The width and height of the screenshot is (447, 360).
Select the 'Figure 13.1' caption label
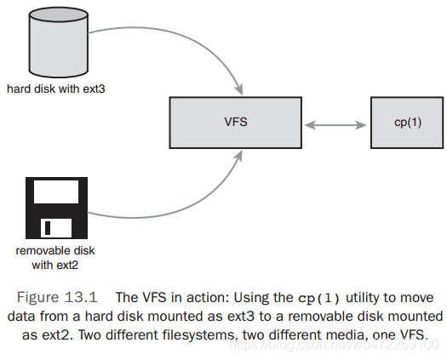click(57, 298)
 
